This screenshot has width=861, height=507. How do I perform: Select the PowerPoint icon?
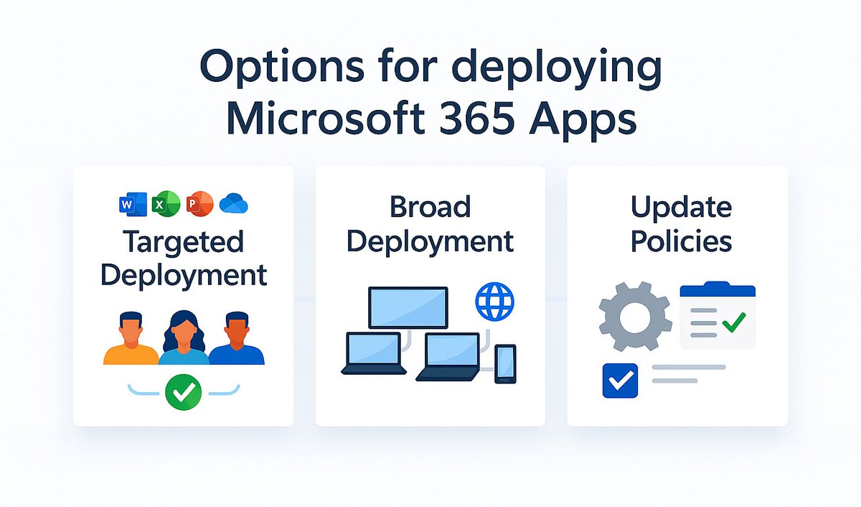[x=199, y=205]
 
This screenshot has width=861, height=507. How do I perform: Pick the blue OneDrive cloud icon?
[x=233, y=205]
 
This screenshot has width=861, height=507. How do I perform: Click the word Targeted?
[x=183, y=241]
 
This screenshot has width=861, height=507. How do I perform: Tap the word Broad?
[x=430, y=207]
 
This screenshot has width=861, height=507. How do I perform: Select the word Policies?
[x=681, y=241]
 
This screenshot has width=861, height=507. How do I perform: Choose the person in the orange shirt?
[x=131, y=340]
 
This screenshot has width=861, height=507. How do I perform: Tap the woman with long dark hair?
[x=184, y=338]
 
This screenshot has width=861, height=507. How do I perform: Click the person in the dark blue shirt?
[x=236, y=340]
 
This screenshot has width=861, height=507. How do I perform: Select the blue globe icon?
[x=495, y=301]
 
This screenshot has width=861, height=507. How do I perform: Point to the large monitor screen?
[x=408, y=307]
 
